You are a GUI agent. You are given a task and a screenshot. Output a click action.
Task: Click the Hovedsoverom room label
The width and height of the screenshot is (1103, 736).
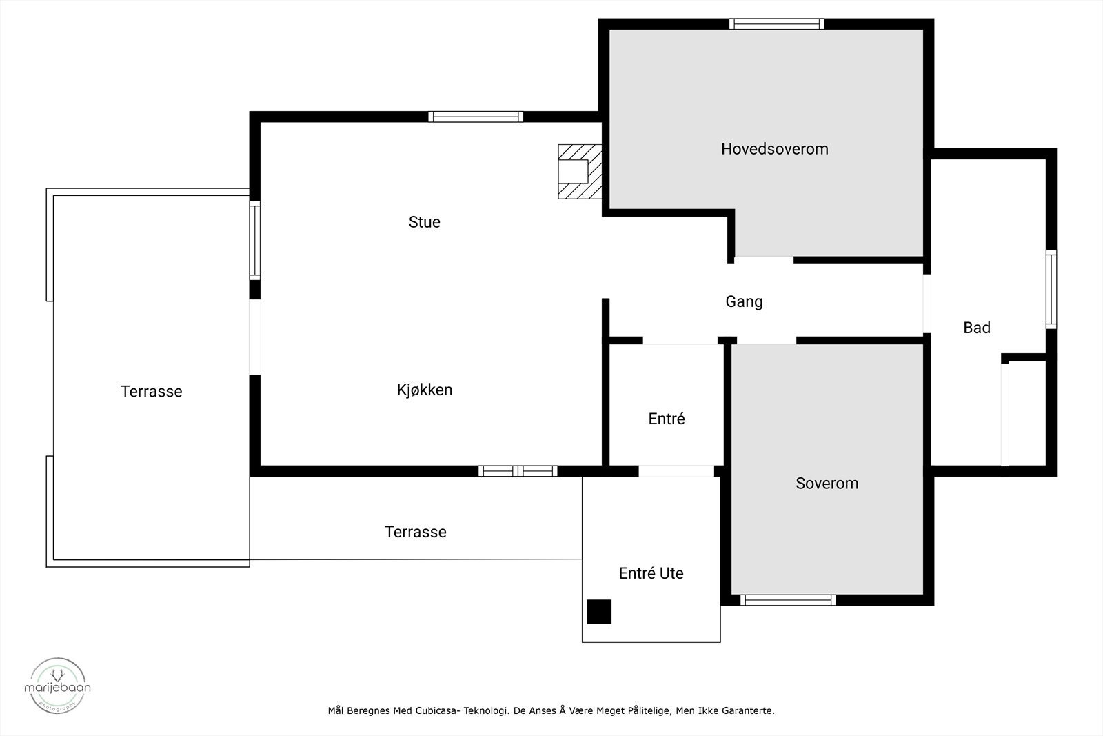click(x=774, y=149)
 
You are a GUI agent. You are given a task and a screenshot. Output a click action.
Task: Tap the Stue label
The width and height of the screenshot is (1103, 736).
click(x=424, y=222)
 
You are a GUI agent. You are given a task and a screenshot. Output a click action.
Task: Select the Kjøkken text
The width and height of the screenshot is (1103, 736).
click(x=424, y=390)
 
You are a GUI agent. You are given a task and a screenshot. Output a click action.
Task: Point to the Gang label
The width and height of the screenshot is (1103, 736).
click(x=744, y=302)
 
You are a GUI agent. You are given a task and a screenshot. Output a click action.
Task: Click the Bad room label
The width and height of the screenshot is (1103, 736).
click(x=976, y=328)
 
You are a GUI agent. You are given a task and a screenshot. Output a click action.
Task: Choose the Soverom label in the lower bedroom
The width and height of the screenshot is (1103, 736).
click(x=827, y=484)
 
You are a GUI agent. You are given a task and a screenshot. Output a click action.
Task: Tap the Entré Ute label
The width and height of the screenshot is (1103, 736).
click(x=651, y=574)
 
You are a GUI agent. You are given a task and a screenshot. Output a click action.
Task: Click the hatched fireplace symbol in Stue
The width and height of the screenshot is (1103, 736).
click(x=579, y=172)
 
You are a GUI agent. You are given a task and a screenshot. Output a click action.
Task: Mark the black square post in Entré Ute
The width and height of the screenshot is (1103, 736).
click(x=598, y=612)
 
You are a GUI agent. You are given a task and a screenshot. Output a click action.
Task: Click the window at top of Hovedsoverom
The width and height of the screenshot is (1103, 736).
click(x=776, y=24)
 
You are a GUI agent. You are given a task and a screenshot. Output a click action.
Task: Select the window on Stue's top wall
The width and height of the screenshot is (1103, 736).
click(x=476, y=117)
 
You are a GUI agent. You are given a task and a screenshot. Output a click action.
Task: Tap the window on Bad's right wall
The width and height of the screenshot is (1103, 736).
click(x=1051, y=289)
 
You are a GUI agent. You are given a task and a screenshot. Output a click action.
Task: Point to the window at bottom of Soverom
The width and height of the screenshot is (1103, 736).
click(x=788, y=600)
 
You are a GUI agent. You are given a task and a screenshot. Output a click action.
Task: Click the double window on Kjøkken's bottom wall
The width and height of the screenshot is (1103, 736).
click(x=518, y=471)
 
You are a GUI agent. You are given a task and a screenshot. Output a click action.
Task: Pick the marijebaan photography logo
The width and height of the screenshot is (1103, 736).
click(x=57, y=685)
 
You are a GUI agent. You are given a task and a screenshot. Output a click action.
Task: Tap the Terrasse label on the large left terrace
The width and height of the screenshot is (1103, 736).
click(x=151, y=392)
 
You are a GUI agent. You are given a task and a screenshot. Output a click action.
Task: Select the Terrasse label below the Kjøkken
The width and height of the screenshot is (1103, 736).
click(x=415, y=533)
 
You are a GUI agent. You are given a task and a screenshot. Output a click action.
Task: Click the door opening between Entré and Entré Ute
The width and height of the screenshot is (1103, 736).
click(x=676, y=471)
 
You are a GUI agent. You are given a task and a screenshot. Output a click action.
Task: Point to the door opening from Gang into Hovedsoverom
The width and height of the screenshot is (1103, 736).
click(x=763, y=260)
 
